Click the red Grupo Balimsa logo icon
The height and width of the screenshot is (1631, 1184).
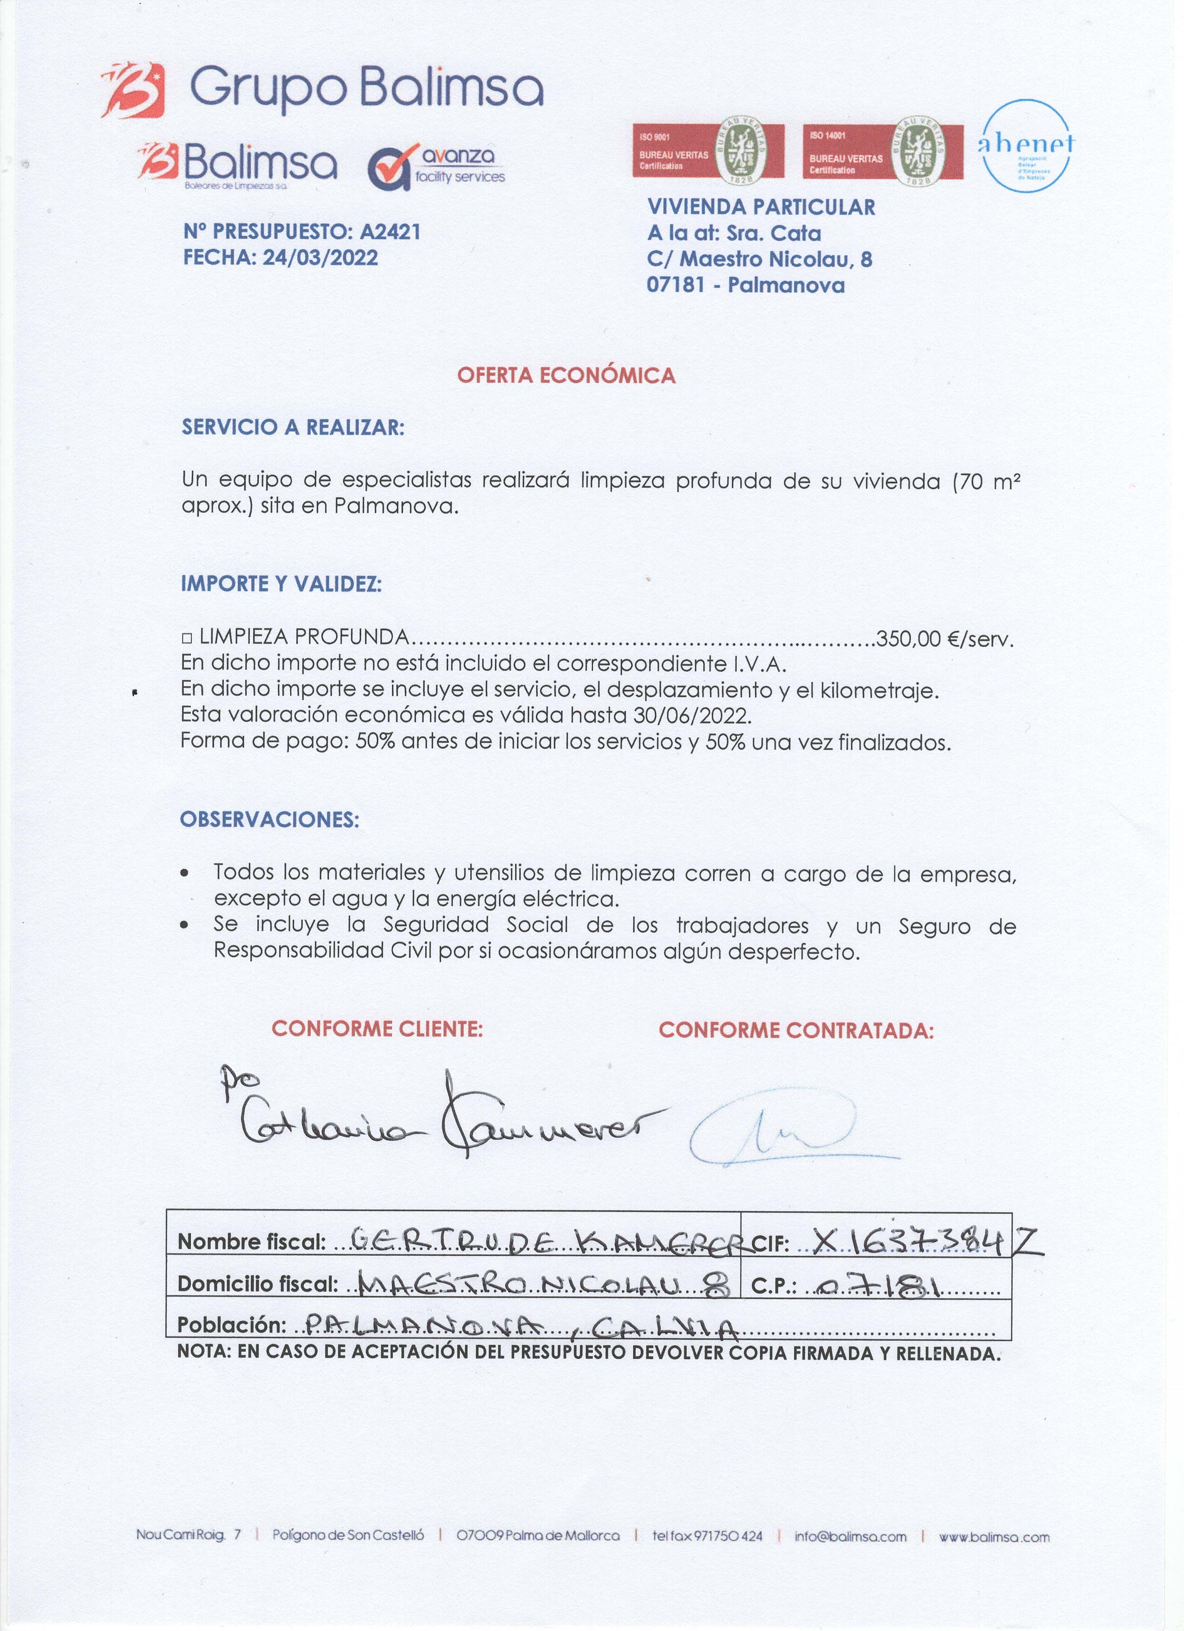click(x=133, y=90)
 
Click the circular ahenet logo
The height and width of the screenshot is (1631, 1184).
click(x=1026, y=145)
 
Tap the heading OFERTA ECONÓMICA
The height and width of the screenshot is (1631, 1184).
click(x=566, y=375)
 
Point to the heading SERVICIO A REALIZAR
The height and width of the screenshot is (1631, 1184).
click(x=293, y=427)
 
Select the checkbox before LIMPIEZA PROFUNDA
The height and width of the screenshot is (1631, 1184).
click(x=187, y=638)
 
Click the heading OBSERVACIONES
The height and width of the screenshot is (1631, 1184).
click(x=269, y=819)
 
